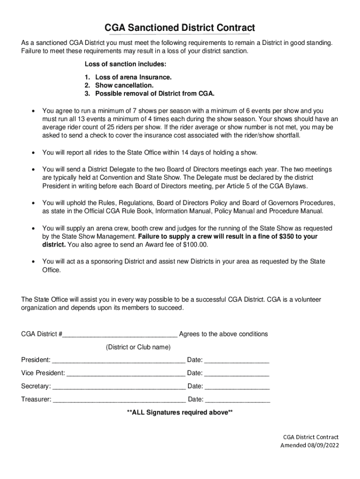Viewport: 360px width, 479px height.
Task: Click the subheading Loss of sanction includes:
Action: pyautogui.click(x=125, y=64)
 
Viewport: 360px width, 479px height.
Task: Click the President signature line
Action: pyautogui.click(x=119, y=361)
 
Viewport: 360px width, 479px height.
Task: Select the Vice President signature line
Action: pyautogui.click(x=125, y=374)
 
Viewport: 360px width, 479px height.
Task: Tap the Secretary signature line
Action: pyautogui.click(x=119, y=387)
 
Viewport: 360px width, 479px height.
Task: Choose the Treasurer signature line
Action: pyautogui.click(x=119, y=400)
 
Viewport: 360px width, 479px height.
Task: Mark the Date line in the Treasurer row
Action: pyautogui.click(x=238, y=400)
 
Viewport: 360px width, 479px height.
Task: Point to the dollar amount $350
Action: pyautogui.click(x=287, y=237)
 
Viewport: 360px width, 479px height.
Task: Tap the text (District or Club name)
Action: pyautogui.click(x=138, y=347)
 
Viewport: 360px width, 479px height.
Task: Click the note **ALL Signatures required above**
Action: pyautogui.click(x=180, y=413)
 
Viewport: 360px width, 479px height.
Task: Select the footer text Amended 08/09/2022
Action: pyautogui.click(x=310, y=445)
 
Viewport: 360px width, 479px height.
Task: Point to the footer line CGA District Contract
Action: pyautogui.click(x=310, y=436)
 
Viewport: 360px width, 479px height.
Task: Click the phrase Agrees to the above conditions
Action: pyautogui.click(x=223, y=334)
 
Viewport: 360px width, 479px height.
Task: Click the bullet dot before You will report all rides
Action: pyautogui.click(x=32, y=152)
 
